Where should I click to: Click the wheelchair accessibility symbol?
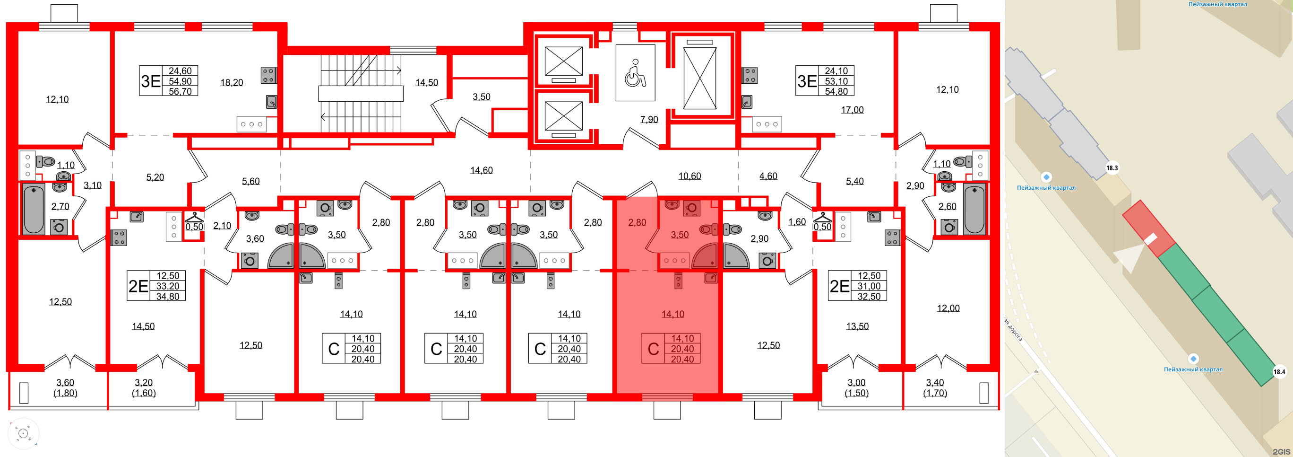point(635,73)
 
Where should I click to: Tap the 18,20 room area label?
point(232,82)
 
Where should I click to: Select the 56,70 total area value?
point(180,91)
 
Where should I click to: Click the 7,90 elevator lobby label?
point(649,120)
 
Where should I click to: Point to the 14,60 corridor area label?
point(481,170)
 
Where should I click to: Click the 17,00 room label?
point(852,109)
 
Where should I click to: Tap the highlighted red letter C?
point(653,349)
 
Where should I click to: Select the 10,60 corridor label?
point(689,176)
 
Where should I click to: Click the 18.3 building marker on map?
point(1112,168)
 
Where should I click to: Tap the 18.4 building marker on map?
point(1279,372)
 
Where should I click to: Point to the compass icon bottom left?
point(23,433)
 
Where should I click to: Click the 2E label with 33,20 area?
point(138,286)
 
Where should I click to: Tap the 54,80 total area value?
point(836,91)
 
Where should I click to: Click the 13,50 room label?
point(857,326)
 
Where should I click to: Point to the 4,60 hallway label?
point(768,176)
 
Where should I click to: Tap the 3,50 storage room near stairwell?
point(481,97)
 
